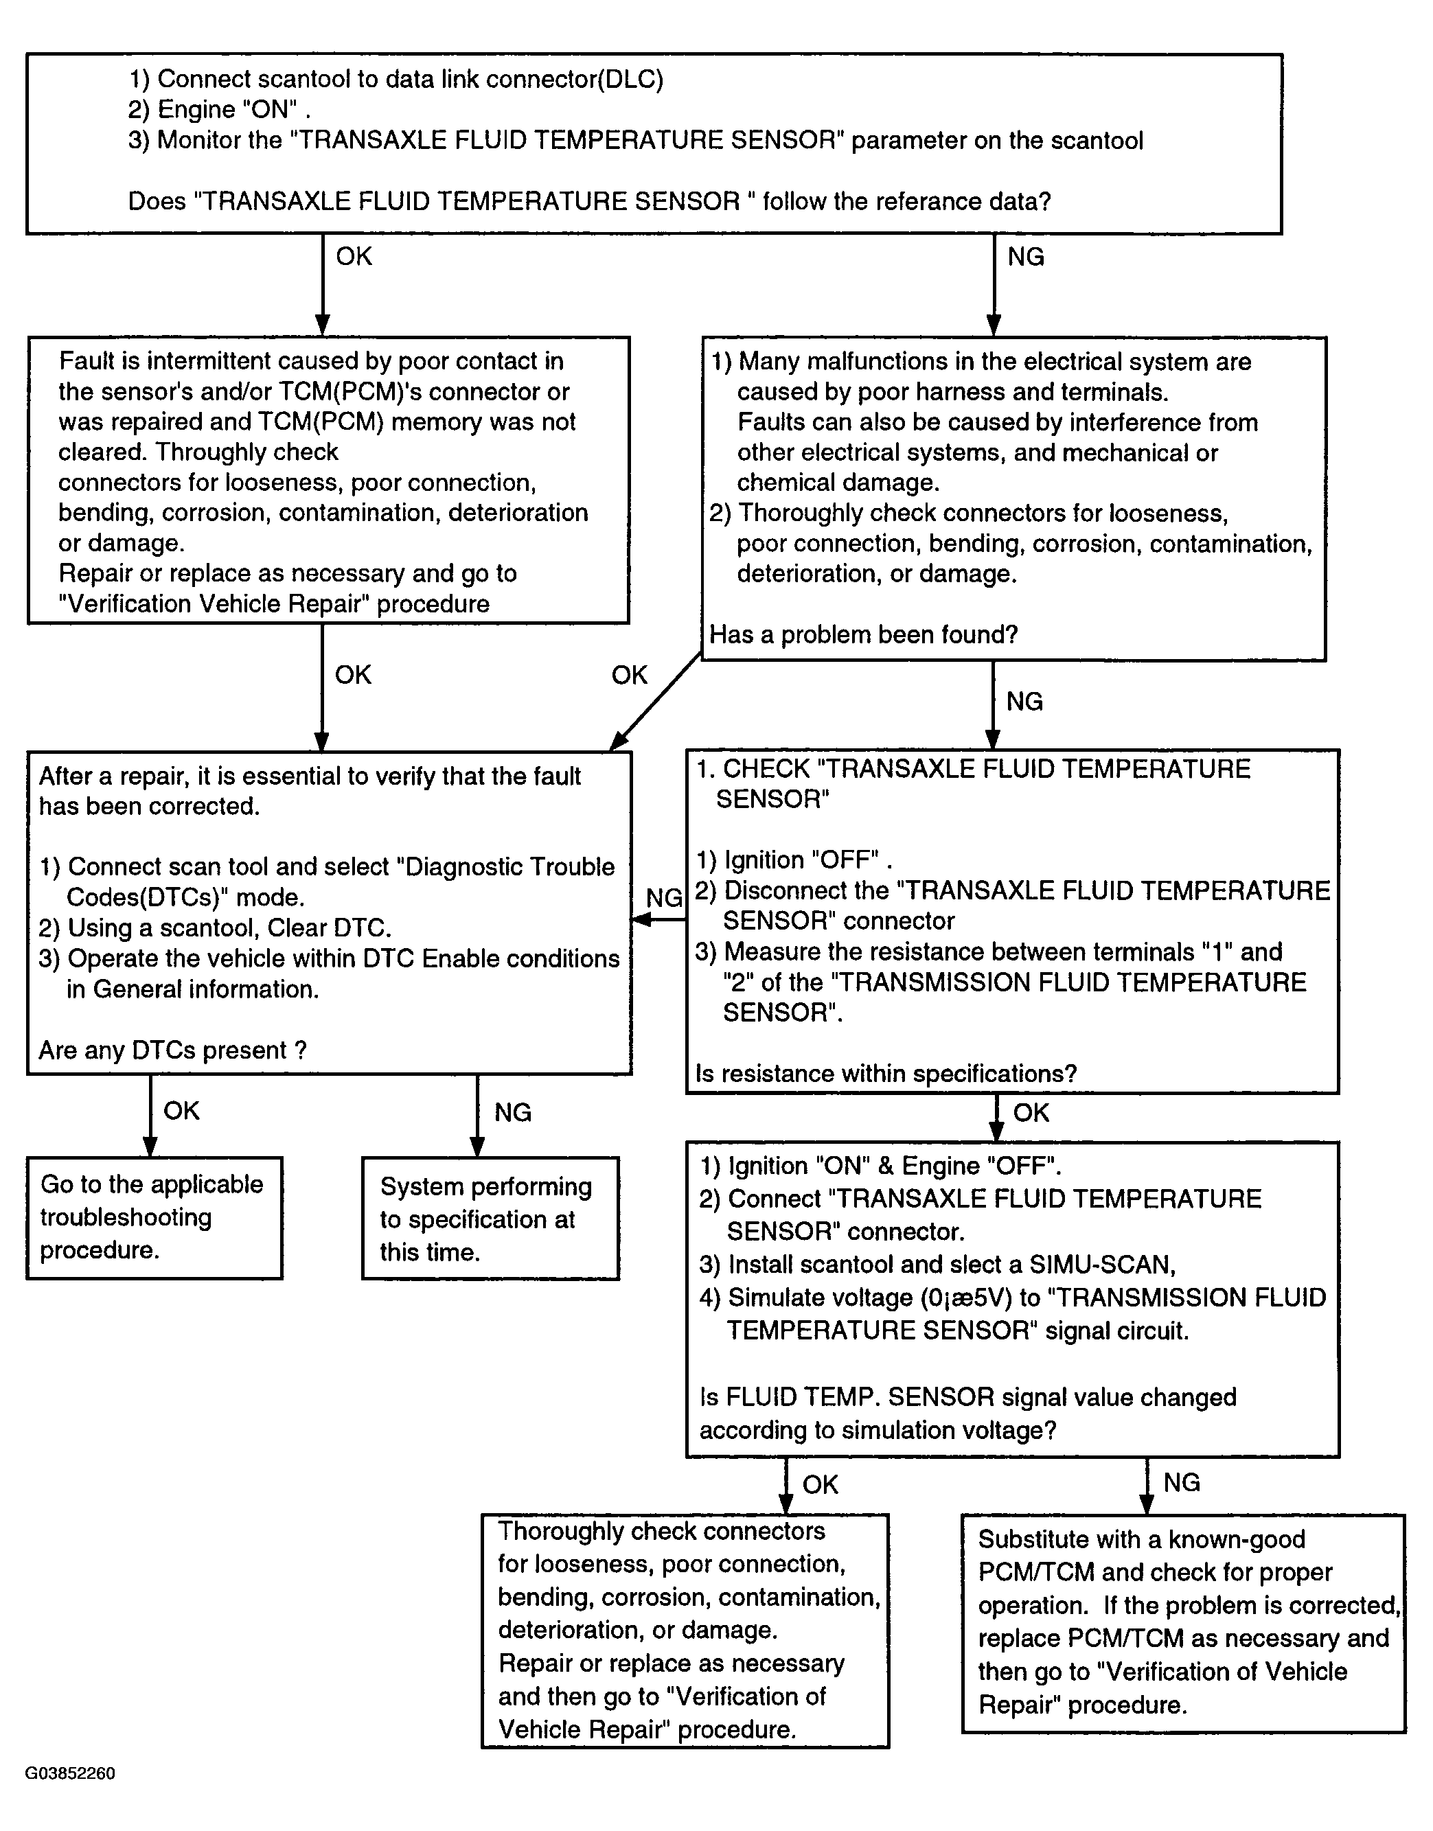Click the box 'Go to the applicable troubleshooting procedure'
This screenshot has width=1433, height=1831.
coord(154,1218)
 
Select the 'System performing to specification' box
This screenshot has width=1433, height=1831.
coord(491,1219)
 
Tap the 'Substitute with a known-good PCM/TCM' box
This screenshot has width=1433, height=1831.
coord(1183,1624)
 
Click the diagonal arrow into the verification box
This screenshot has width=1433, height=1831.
coord(655,701)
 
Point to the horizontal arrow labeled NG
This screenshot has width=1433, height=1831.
coord(658,920)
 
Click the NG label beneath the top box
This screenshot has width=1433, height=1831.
coord(1025,257)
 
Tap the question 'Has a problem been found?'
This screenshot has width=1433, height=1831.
coord(863,634)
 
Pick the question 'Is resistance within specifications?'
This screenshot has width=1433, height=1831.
coord(886,1074)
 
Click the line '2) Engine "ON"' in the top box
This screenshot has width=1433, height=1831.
coord(220,110)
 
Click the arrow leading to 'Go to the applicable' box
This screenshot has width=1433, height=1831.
coord(151,1116)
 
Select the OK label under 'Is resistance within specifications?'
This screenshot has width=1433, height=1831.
coord(1031,1112)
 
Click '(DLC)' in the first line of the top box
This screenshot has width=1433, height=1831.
coord(630,79)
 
